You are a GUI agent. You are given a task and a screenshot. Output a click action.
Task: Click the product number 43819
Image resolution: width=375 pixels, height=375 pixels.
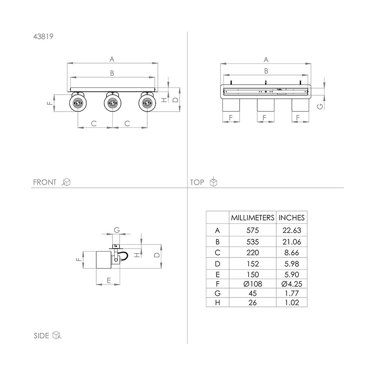coord(43,37)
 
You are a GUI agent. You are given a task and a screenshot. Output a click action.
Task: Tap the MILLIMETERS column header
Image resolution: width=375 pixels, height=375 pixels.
coord(252,217)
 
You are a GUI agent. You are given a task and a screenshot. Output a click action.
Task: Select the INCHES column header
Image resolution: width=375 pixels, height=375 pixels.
coord(291,217)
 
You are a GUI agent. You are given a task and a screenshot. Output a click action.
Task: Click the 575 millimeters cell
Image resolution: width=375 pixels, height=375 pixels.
coord(252,230)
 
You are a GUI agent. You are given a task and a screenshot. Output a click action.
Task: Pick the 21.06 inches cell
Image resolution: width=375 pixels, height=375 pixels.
coord(291,242)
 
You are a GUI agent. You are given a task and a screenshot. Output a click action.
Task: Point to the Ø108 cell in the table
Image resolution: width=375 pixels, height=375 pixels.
coord(252,284)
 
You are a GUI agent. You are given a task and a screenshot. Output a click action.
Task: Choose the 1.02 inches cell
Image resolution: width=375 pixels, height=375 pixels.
coord(291,303)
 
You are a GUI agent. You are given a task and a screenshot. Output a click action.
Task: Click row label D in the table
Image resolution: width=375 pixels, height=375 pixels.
coord(217,264)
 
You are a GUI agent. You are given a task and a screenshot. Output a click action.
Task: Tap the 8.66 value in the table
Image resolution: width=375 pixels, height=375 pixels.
coord(291,252)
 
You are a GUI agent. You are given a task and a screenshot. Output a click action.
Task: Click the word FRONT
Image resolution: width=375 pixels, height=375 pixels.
coord(45,182)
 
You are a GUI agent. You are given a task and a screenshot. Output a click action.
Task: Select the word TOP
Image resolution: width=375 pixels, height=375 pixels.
coord(197,182)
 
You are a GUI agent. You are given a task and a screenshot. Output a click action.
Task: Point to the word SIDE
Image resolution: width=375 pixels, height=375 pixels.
coord(41,336)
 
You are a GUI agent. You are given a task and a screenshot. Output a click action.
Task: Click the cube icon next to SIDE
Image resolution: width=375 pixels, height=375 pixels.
coord(57,335)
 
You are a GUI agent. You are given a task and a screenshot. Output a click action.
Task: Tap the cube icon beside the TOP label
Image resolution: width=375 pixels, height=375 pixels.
coord(213,181)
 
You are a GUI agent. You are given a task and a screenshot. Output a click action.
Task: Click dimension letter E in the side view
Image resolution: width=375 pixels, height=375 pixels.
coord(109,280)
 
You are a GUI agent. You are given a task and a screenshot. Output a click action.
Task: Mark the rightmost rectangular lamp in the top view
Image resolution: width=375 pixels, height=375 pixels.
coord(300,105)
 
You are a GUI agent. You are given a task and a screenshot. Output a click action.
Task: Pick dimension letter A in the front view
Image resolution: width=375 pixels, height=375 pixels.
coord(112,59)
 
